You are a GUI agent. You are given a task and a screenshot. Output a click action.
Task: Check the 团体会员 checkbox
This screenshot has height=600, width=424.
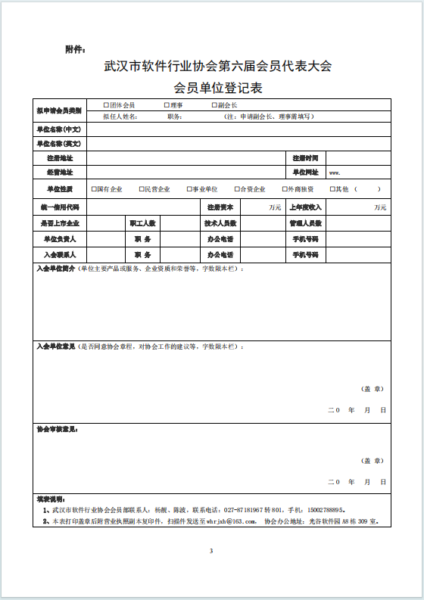(x=106, y=105)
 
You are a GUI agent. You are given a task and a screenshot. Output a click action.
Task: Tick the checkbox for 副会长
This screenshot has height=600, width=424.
(x=214, y=105)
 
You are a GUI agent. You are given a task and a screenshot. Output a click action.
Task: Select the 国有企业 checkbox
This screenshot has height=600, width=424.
(x=93, y=188)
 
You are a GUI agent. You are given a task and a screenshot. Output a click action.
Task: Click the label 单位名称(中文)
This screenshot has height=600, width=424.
(x=59, y=129)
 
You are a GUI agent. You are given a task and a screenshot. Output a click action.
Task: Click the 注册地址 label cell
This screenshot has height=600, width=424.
(x=59, y=158)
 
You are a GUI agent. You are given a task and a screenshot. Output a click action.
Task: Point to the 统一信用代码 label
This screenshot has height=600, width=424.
(x=59, y=207)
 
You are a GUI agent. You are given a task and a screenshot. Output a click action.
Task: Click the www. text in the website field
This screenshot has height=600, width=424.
(x=334, y=173)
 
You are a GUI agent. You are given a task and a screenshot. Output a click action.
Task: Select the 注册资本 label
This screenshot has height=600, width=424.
(x=220, y=207)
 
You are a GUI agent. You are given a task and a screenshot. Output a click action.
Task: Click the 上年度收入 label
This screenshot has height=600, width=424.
(x=306, y=207)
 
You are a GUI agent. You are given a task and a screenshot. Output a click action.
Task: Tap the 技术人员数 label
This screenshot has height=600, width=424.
(x=220, y=223)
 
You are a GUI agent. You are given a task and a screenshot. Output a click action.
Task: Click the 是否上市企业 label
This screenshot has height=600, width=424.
(x=59, y=223)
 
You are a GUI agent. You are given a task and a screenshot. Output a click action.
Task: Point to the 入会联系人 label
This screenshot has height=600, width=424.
(x=59, y=255)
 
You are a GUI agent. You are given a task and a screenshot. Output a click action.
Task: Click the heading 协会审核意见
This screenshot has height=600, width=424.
(x=58, y=429)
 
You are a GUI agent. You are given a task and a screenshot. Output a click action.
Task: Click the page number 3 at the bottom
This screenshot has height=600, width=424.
(x=211, y=550)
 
